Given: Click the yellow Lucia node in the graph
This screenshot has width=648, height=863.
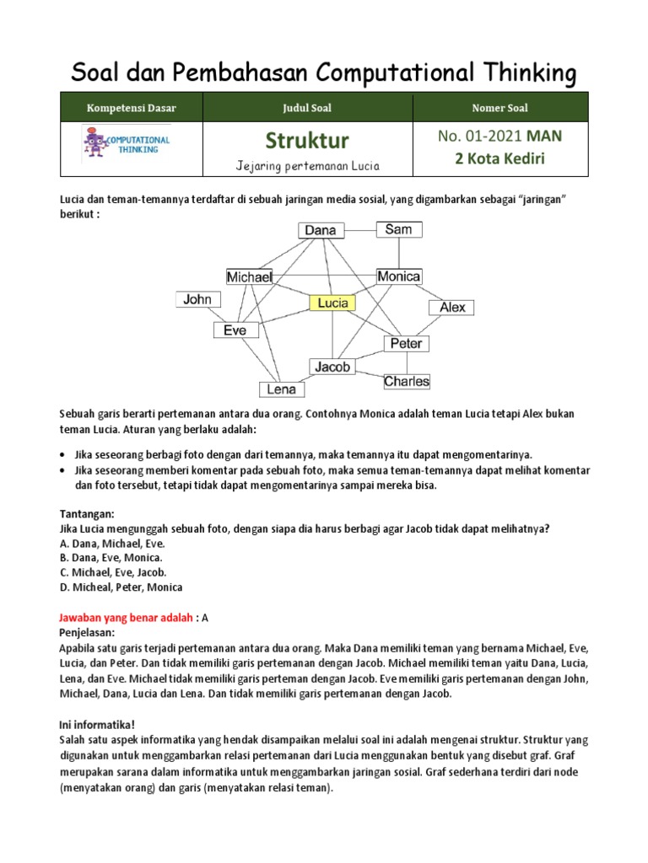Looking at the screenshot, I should click(x=332, y=303).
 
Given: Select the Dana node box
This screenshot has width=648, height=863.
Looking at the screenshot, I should click(x=320, y=230).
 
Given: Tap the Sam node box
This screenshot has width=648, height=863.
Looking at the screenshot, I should click(x=398, y=229).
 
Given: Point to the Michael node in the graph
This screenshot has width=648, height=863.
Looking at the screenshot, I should click(x=249, y=276).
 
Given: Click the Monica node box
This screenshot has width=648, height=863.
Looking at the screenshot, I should click(x=398, y=276).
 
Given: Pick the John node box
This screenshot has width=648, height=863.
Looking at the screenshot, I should click(x=197, y=299).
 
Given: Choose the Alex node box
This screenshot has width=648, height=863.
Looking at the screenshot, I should click(x=452, y=308).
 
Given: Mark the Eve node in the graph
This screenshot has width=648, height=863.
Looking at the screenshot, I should click(x=235, y=330).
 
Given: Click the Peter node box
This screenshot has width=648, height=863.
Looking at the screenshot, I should click(x=407, y=344).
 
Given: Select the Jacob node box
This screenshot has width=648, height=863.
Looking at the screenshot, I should click(x=332, y=367).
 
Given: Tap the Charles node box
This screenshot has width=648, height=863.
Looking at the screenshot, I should click(x=407, y=381).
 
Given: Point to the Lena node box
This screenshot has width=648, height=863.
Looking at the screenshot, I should click(x=282, y=389).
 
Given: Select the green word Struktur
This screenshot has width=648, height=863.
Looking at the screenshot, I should click(x=307, y=139).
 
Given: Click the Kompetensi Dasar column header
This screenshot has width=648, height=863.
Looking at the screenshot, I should click(x=131, y=108).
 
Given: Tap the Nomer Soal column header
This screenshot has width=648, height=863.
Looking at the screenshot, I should click(x=500, y=108).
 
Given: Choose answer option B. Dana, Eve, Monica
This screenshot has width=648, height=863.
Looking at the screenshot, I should click(x=111, y=558).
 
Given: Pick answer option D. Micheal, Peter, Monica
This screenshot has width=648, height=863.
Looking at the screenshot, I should click(x=121, y=587).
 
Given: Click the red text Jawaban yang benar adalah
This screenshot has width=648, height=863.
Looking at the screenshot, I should click(x=126, y=617).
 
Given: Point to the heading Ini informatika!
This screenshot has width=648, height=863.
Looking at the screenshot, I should click(x=96, y=724).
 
